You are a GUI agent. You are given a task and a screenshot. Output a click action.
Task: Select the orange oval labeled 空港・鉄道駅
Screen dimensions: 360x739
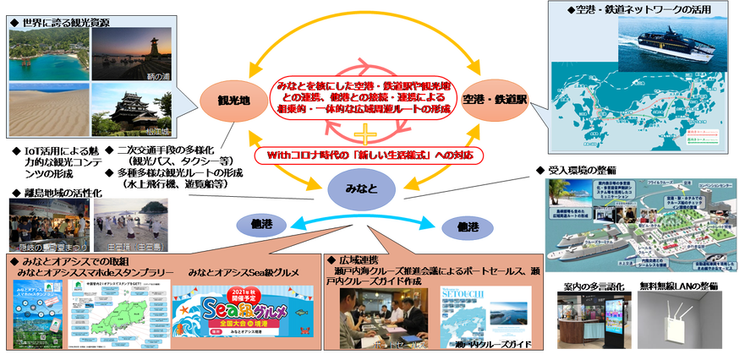click(x=495, y=100)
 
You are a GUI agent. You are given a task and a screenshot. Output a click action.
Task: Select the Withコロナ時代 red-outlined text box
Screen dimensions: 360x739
click(x=370, y=156)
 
